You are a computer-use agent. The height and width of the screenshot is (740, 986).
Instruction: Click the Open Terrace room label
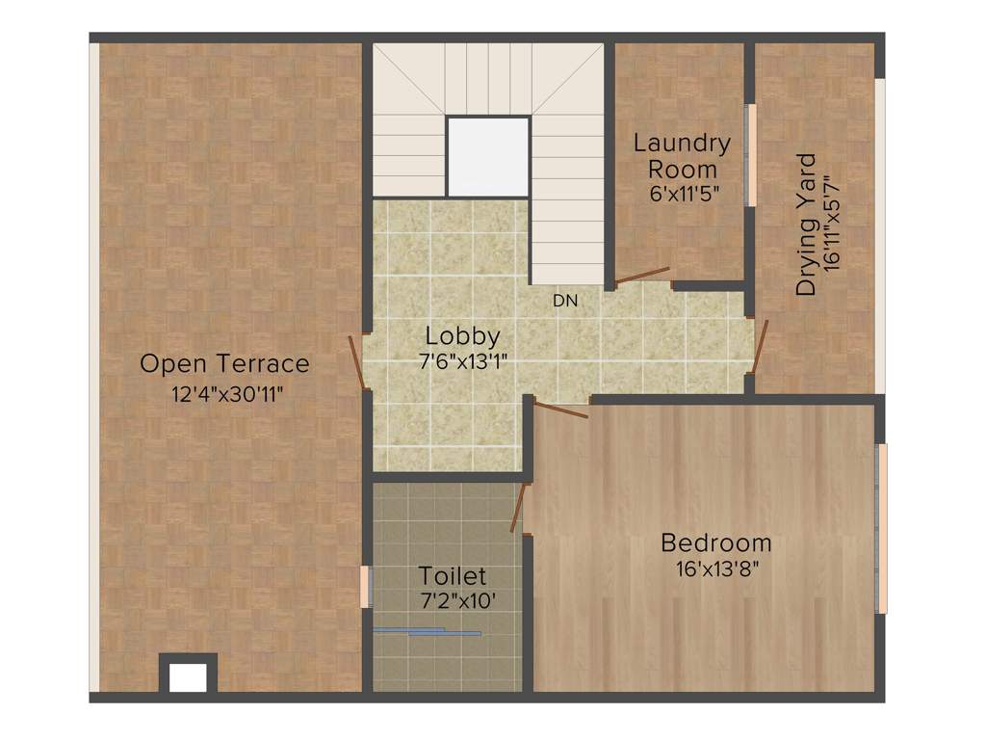click(225, 364)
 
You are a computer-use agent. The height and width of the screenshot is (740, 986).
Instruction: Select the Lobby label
click(463, 336)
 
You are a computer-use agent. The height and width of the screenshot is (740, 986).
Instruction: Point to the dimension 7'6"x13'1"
click(463, 362)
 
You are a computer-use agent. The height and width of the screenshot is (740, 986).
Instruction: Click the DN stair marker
click(565, 301)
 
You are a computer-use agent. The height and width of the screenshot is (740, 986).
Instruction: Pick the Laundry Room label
click(682, 156)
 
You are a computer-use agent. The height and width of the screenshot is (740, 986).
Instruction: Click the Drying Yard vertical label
click(807, 225)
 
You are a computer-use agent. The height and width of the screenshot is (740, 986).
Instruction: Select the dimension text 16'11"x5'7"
click(833, 225)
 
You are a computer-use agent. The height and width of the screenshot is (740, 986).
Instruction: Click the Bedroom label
click(715, 543)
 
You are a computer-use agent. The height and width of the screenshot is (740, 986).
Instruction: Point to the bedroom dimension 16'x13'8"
click(715, 568)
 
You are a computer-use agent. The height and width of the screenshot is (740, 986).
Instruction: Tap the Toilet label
click(452, 577)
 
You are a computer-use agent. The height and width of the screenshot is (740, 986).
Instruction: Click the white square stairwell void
click(488, 157)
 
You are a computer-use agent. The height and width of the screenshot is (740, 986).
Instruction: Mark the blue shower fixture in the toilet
click(428, 632)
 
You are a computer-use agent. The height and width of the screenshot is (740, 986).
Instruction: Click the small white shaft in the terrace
click(188, 676)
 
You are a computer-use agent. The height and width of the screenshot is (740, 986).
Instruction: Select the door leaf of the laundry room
click(642, 276)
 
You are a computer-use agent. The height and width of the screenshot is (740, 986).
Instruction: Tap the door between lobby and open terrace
click(357, 362)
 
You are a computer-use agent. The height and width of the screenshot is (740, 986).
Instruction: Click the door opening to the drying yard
click(760, 346)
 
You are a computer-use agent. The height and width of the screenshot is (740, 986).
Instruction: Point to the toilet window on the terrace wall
click(365, 587)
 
